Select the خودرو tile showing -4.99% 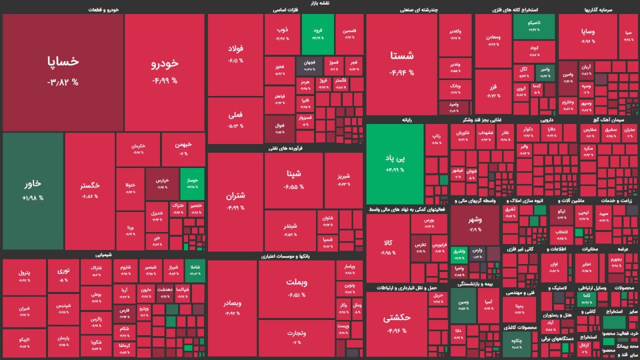tap(164, 71)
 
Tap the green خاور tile tap(33, 190)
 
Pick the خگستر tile tap(89, 190)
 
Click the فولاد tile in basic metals tap(235, 54)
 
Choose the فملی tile tap(235, 120)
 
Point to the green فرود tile tap(317, 33)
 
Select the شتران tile tap(235, 200)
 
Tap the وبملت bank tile tap(296, 287)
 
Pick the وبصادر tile tap(232, 307)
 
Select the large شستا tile tap(401, 64)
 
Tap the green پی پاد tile tap(394, 163)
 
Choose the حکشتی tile tap(396, 322)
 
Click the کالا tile tap(388, 247)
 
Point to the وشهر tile tap(474, 224)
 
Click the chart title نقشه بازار tap(320, 3)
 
